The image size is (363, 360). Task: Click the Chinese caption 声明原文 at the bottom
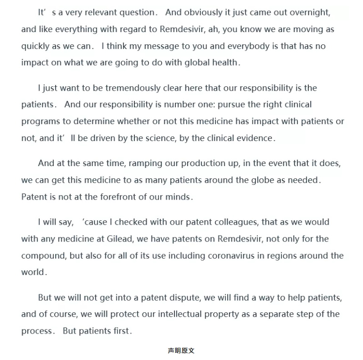coord(181,351)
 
